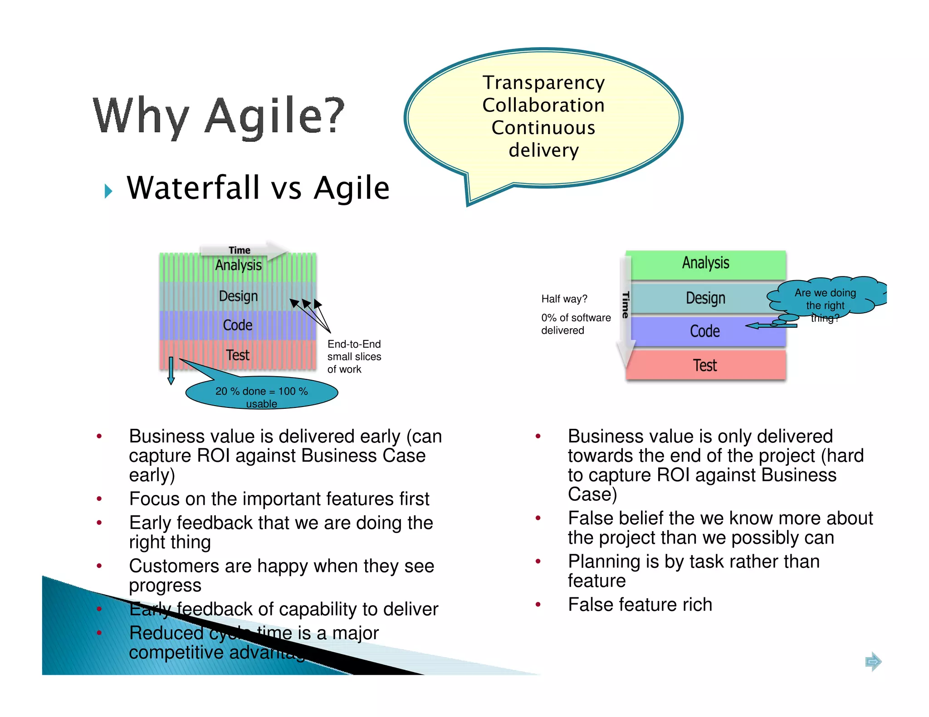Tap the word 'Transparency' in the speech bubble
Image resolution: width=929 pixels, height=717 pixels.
pos(543,83)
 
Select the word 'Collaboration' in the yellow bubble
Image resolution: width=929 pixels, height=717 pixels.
pos(543,105)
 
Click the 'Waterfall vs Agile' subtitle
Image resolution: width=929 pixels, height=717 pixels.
pos(258,188)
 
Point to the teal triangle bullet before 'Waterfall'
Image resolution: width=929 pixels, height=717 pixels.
pos(108,191)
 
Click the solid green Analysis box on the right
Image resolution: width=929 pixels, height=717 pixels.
pos(705,264)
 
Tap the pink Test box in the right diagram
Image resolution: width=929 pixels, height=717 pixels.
pos(705,365)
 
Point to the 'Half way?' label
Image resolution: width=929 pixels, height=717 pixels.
pos(564,299)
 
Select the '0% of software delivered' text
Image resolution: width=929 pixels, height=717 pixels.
pos(575,324)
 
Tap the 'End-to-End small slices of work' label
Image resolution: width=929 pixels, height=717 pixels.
pos(354,357)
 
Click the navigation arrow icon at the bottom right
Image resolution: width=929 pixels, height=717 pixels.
pos(873,662)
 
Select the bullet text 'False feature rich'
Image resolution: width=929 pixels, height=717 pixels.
pos(640,605)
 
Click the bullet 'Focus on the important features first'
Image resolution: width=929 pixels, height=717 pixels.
pos(279,499)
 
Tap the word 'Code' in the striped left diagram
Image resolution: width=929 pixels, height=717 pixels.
pos(238,325)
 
